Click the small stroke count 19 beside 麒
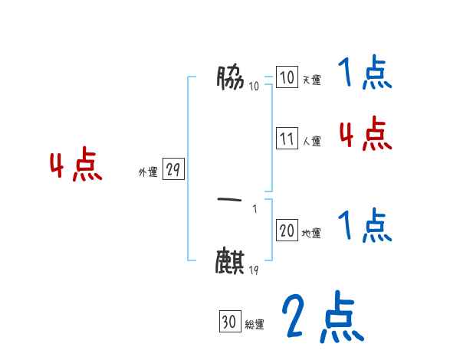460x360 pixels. tap(253, 269)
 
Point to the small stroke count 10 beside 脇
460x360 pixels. tap(254, 86)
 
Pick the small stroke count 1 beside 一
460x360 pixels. tap(255, 209)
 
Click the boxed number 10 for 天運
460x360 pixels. tap(287, 77)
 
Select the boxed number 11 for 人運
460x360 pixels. tap(287, 139)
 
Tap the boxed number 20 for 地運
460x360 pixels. tap(287, 231)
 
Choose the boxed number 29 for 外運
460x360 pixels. tap(173, 170)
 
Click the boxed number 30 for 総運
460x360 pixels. tap(228, 322)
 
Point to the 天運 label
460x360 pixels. tap(311, 80)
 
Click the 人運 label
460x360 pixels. tap(311, 142)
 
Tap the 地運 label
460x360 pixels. tap(311, 234)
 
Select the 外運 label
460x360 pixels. tap(148, 173)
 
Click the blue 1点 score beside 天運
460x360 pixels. tap(363, 74)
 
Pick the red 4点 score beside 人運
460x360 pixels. tap(365, 135)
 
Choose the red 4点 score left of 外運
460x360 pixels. tap(76, 166)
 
